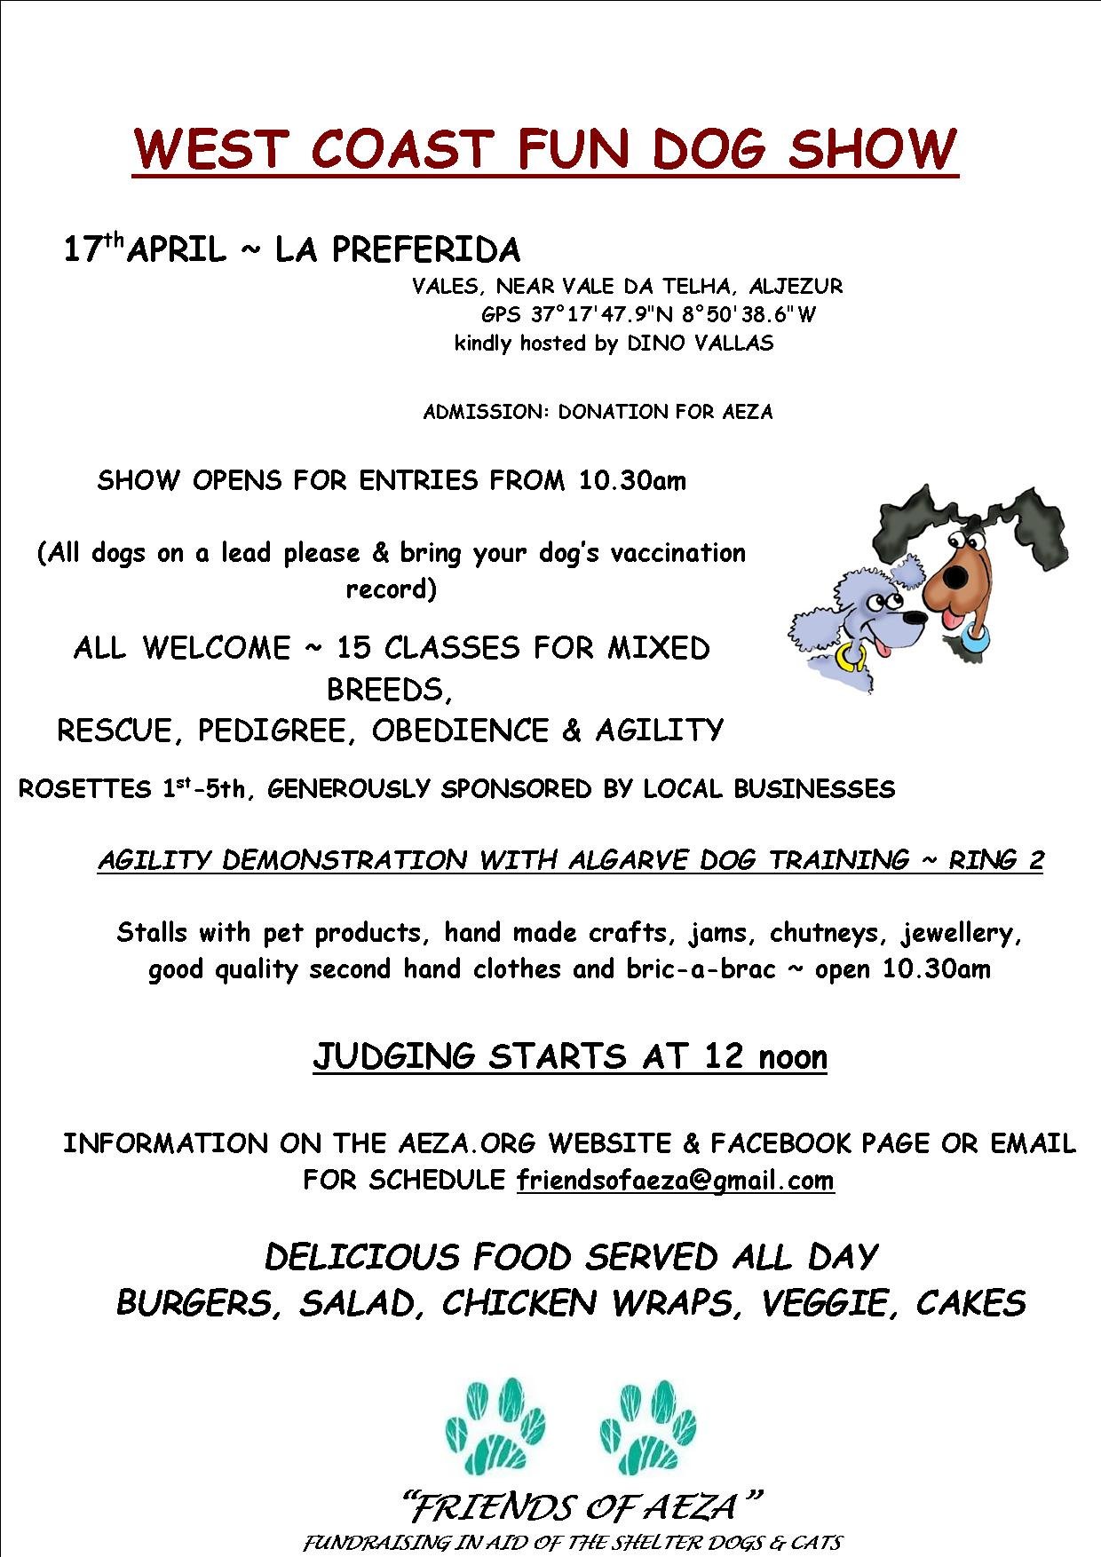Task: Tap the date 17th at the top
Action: tap(91, 249)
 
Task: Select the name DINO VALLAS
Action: tap(701, 344)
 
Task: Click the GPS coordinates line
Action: tap(648, 314)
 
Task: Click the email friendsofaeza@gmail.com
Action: tap(676, 1180)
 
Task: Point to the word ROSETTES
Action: tap(85, 788)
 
